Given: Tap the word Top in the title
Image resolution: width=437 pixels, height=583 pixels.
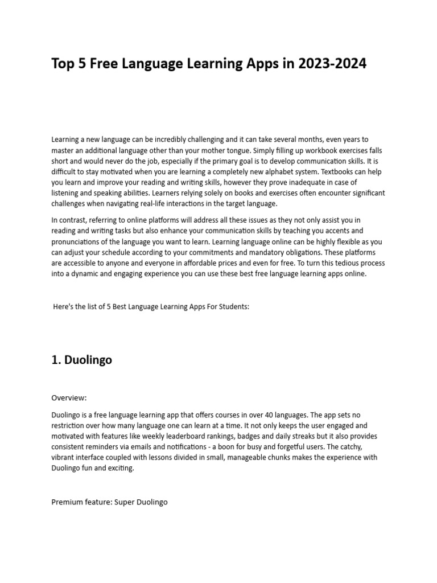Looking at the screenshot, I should [63, 64].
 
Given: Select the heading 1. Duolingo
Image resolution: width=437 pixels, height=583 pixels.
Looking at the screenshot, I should [81, 360].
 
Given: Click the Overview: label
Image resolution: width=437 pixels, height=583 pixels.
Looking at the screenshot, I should [69, 398].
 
